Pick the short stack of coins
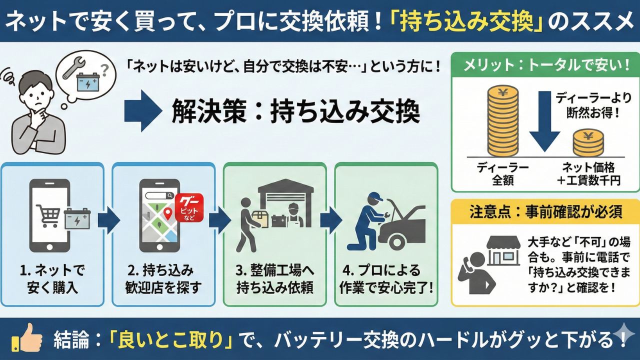[588, 143]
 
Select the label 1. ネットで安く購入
[52, 279]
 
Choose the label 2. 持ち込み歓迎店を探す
[163, 279]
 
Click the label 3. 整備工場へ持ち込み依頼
[274, 279]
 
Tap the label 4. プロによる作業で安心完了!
[386, 279]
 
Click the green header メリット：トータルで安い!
[544, 65]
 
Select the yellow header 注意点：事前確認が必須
[544, 211]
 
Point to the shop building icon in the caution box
[502, 251]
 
